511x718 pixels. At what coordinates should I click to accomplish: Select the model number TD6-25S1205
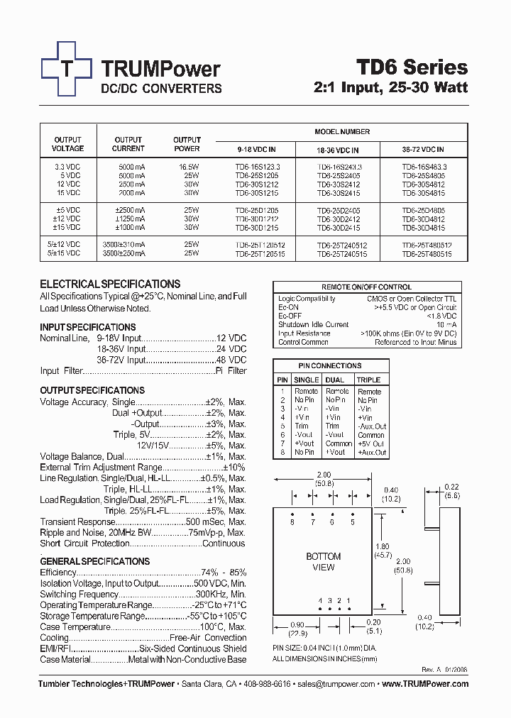click(x=256, y=175)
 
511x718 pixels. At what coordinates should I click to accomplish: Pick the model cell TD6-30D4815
click(x=423, y=228)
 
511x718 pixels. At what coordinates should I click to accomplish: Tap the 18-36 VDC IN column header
click(x=338, y=150)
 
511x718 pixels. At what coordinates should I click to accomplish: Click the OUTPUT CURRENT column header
click(x=128, y=144)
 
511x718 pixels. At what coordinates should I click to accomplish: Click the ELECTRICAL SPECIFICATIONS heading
click(x=110, y=284)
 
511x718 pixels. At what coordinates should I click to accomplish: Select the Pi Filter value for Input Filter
click(x=231, y=371)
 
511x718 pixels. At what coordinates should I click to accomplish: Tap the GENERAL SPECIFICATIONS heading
click(x=94, y=561)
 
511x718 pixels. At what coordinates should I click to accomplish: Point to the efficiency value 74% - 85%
click(x=224, y=573)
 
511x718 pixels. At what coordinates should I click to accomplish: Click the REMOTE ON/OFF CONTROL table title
click(x=366, y=287)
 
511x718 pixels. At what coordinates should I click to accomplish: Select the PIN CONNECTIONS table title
click(x=331, y=366)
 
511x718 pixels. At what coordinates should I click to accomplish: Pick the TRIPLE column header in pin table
click(x=369, y=380)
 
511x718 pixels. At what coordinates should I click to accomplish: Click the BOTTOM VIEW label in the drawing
click(x=323, y=562)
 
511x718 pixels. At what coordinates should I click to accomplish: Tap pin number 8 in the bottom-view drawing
click(x=292, y=523)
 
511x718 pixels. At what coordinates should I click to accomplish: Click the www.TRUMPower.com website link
click(x=425, y=684)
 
